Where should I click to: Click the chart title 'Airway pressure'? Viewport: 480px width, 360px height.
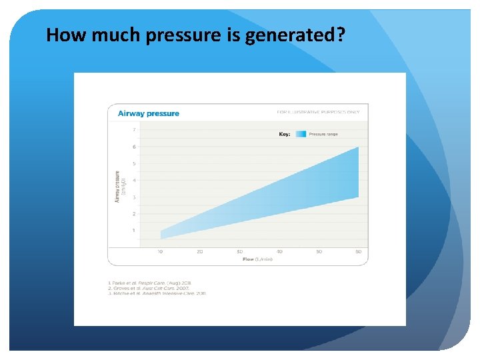148,113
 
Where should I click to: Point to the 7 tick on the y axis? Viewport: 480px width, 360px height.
134,130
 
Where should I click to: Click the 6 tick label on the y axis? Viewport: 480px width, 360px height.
134,147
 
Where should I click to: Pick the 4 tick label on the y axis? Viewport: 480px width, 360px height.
134,180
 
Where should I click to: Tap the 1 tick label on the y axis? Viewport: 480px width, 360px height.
134,231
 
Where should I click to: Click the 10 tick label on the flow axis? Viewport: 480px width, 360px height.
160,251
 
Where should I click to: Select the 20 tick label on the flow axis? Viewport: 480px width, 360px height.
199,251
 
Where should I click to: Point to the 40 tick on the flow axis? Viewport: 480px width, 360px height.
279,251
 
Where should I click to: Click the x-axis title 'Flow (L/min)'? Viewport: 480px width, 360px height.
257,259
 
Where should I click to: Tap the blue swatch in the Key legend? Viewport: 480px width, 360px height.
300,134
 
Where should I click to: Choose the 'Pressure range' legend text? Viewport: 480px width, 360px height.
323,134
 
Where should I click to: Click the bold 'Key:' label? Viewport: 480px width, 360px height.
285,134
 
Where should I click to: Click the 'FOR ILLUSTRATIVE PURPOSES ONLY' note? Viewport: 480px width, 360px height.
318,112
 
